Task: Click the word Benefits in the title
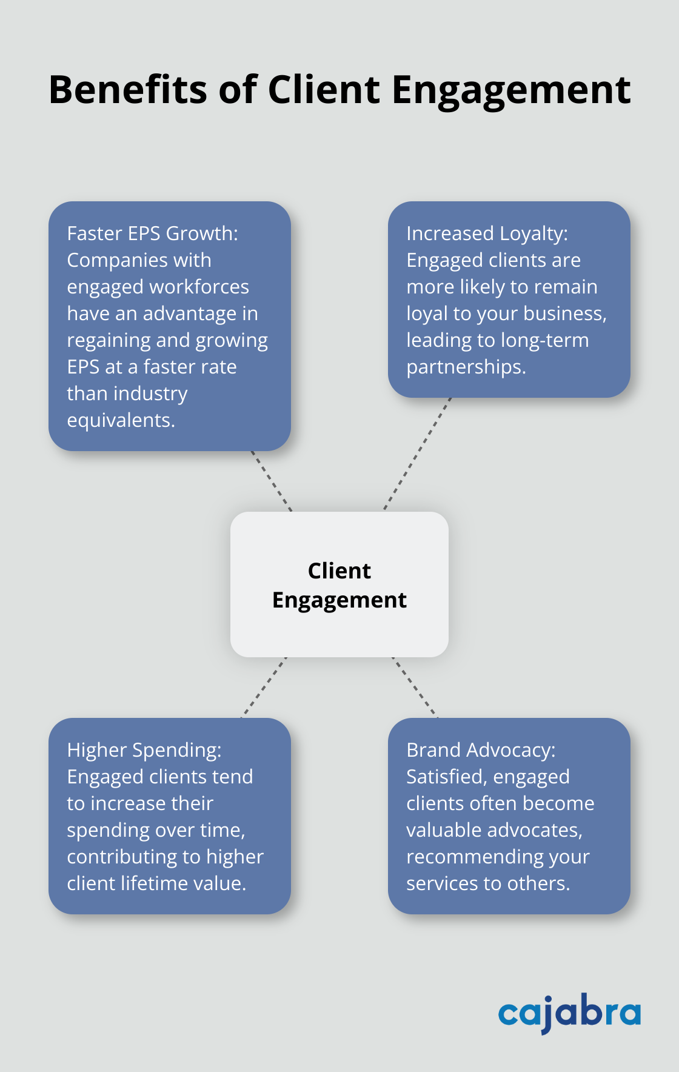(129, 90)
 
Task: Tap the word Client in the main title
(324, 90)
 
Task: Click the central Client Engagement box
(339, 585)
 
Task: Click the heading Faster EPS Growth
(152, 233)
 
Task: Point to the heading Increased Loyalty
(487, 233)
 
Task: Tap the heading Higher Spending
(144, 750)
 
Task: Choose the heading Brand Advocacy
(481, 750)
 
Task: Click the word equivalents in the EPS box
(121, 420)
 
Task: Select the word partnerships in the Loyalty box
(466, 367)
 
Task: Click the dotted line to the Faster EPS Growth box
(272, 481)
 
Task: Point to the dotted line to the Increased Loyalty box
(418, 454)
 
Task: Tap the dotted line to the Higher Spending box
(264, 688)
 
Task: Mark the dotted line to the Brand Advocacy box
(415, 688)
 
